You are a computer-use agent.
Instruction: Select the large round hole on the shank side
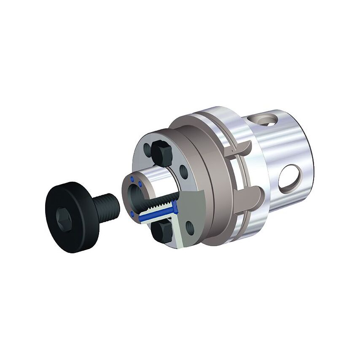[290, 177]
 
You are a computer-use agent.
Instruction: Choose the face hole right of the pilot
[184, 171]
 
